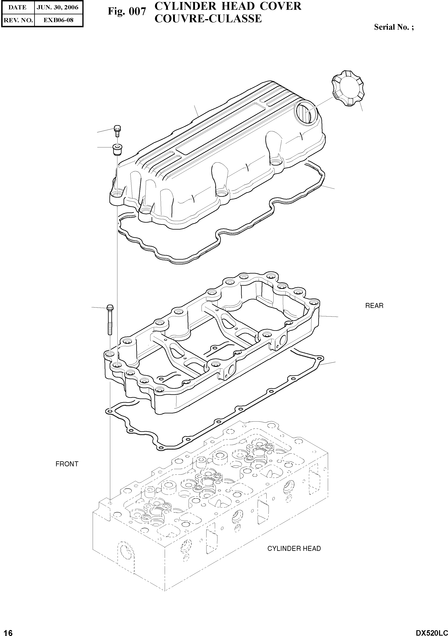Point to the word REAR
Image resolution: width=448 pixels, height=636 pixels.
pyautogui.click(x=374, y=306)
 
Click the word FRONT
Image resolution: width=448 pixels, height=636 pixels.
pyautogui.click(x=67, y=464)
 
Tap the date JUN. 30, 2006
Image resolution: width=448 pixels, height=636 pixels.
pyautogui.click(x=58, y=8)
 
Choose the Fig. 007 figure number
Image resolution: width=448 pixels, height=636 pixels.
pyautogui.click(x=127, y=11)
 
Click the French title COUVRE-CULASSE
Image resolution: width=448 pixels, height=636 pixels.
pyautogui.click(x=208, y=19)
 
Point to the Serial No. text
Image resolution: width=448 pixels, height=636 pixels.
pyautogui.click(x=394, y=27)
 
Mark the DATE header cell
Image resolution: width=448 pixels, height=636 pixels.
pyautogui.click(x=18, y=8)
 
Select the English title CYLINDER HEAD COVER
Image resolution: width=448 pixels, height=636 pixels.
pyautogui.click(x=228, y=6)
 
